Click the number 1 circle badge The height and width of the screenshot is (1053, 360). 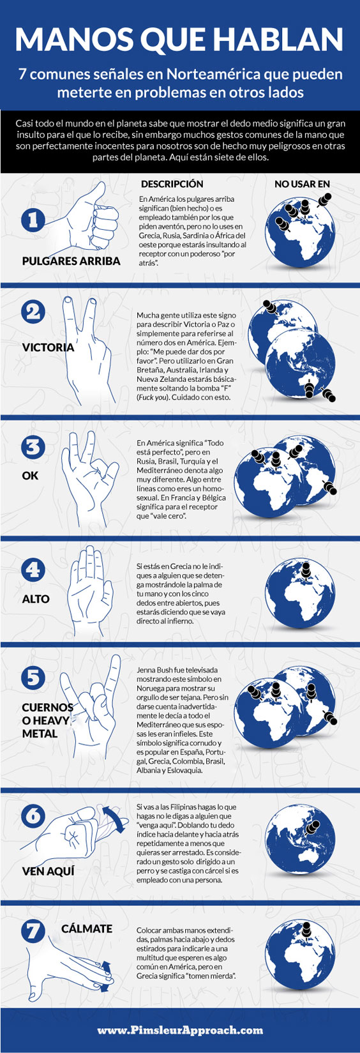tap(33, 220)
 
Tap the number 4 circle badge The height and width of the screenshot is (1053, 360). tap(33, 570)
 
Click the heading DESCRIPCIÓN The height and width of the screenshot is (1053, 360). tap(172, 184)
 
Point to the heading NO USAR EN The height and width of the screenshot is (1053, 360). tap(302, 184)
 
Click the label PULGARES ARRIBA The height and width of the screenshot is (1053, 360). tap(71, 261)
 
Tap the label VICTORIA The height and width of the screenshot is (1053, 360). tap(48, 347)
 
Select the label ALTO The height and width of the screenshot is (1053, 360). tap(36, 599)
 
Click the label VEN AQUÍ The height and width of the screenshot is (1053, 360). tap(48, 871)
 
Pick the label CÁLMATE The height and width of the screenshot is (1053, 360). tap(87, 928)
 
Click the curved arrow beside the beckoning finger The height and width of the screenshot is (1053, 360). tap(116, 819)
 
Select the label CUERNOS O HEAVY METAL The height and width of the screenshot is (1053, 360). tap(47, 720)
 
